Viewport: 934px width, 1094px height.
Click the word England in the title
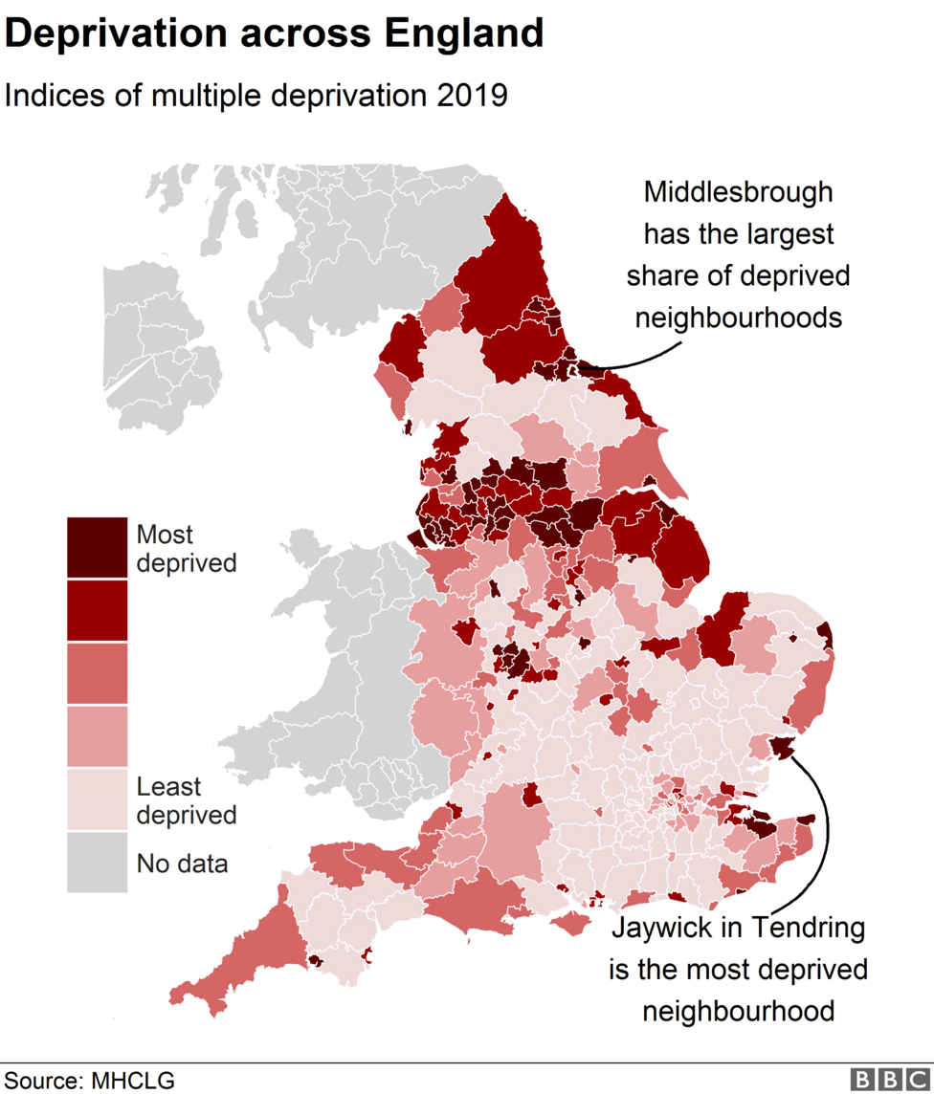[x=463, y=34]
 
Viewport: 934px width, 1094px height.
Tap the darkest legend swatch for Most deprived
[x=97, y=548]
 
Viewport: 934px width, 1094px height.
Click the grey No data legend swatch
[x=97, y=862]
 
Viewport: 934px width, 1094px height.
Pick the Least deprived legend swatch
[x=97, y=799]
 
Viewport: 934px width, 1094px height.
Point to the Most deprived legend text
[x=186, y=548]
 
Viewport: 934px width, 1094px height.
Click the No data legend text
[x=183, y=864]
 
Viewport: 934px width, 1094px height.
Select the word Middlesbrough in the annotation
[x=738, y=192]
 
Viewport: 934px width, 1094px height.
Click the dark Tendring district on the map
[x=782, y=748]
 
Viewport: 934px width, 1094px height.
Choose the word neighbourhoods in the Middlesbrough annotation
[x=738, y=317]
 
